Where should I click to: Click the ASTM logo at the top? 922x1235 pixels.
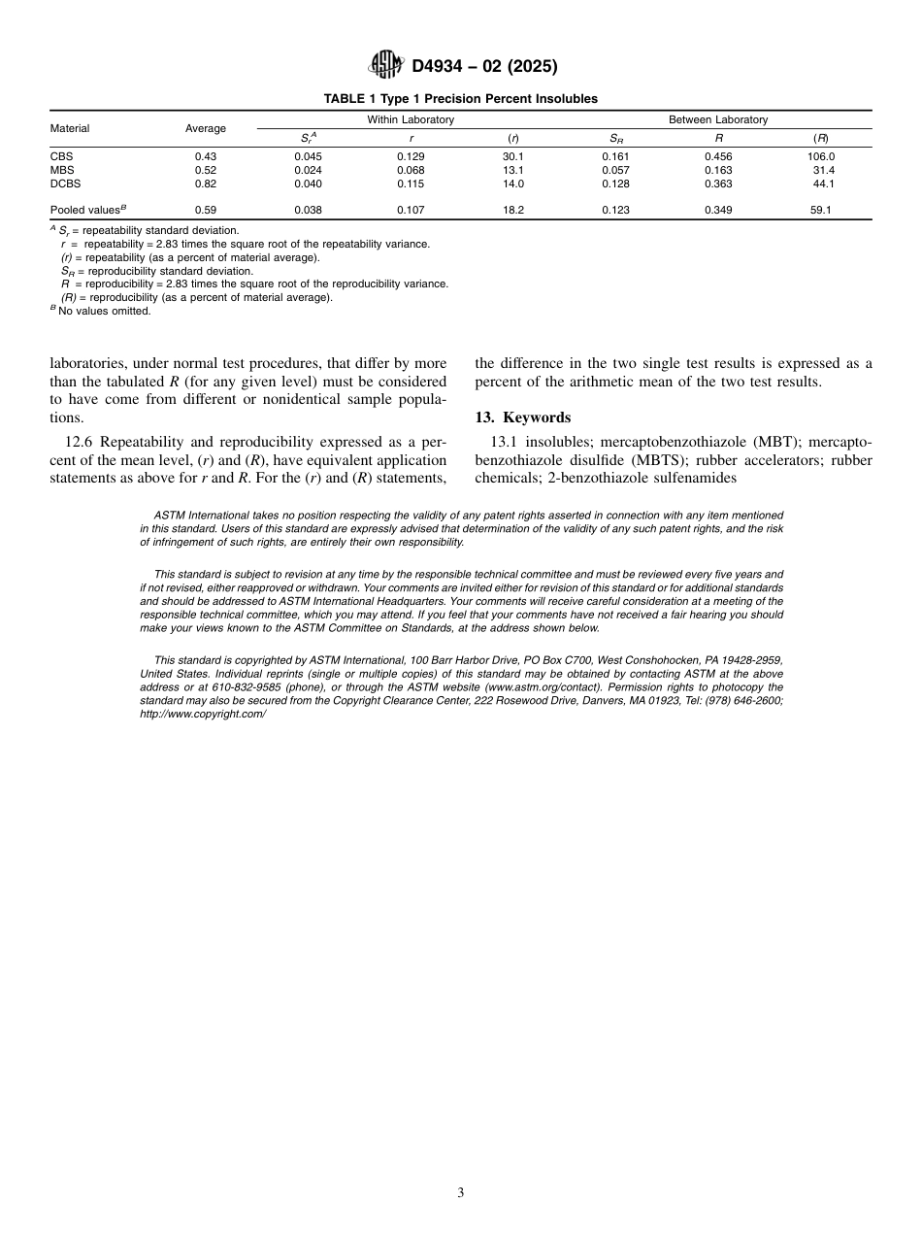pyautogui.click(x=385, y=66)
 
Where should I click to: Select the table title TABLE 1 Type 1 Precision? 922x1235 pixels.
pyautogui.click(x=461, y=99)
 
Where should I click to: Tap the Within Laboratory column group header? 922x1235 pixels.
pyautogui.click(x=411, y=119)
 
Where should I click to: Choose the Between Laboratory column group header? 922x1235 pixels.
pyautogui.click(x=718, y=119)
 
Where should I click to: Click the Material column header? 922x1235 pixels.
pyautogui.click(x=70, y=128)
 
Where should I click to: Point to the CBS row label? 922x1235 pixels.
pyautogui.click(x=61, y=156)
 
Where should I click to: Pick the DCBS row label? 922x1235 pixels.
pyautogui.click(x=65, y=184)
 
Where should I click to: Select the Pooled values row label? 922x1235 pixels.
pyautogui.click(x=88, y=210)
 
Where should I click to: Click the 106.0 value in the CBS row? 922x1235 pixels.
pyautogui.click(x=821, y=156)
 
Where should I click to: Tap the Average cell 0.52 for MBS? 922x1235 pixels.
pyautogui.click(x=205, y=170)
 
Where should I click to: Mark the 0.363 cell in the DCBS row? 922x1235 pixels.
pyautogui.click(x=718, y=184)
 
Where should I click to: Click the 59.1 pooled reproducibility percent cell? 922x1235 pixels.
pyautogui.click(x=821, y=210)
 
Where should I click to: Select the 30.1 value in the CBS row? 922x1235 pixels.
pyautogui.click(x=513, y=156)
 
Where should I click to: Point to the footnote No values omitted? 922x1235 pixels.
pyautogui.click(x=106, y=311)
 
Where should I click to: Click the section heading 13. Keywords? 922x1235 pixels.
pyautogui.click(x=522, y=417)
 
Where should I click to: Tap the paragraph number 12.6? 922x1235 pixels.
pyautogui.click(x=82, y=443)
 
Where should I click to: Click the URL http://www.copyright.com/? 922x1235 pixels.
pyautogui.click(x=203, y=714)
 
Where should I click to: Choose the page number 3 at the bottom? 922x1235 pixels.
pyautogui.click(x=461, y=1193)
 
